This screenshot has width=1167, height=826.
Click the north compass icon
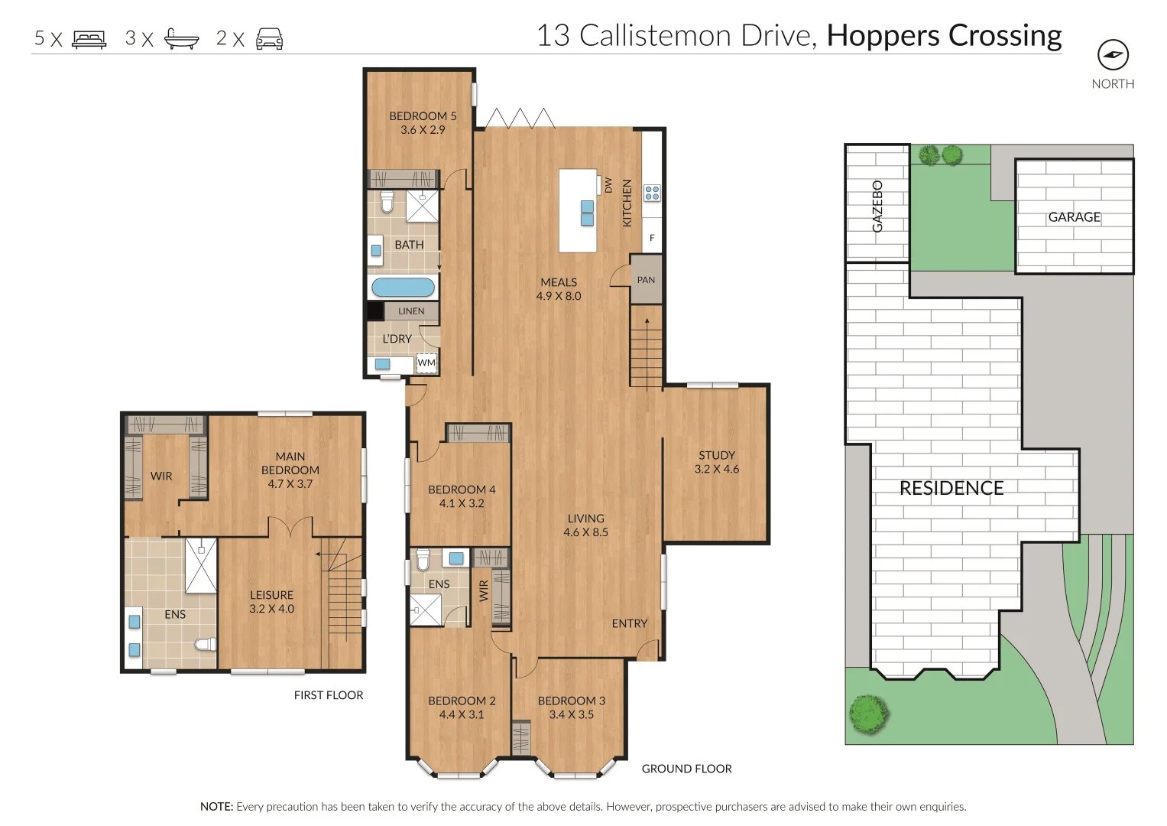tap(1113, 55)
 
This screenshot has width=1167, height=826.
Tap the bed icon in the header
tap(89, 39)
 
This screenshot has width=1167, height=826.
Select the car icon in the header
tap(269, 39)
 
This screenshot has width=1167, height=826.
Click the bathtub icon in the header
tap(182, 39)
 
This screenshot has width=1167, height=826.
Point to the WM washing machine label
tap(426, 363)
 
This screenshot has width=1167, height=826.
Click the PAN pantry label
tap(646, 280)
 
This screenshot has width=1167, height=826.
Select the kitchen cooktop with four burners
tap(652, 193)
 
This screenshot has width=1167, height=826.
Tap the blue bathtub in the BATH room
tap(403, 288)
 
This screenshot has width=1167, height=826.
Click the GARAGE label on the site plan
tap(1074, 217)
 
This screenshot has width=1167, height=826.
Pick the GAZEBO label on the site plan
tap(877, 206)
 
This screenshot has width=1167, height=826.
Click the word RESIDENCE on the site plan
tap(951, 489)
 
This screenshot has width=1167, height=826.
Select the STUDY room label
tap(716, 455)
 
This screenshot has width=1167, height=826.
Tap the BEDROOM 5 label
tap(423, 116)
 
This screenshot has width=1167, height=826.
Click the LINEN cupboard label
tap(411, 311)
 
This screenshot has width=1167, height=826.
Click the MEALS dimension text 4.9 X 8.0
tap(559, 296)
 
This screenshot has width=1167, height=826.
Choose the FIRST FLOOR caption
tap(329, 695)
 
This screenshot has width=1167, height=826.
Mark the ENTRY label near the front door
tap(629, 624)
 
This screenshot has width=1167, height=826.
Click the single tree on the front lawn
tap(869, 715)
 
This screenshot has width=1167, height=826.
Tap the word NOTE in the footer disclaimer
tap(216, 807)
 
